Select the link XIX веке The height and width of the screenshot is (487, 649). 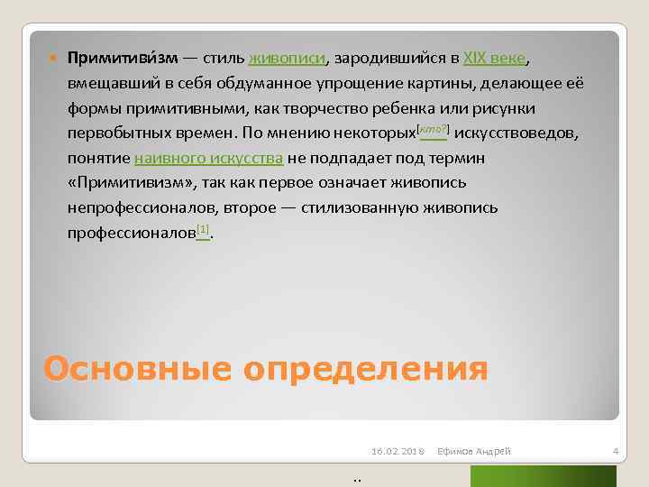tap(495, 59)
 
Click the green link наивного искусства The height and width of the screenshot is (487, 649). tap(209, 159)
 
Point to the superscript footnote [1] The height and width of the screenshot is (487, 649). tap(203, 231)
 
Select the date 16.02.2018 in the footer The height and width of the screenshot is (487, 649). tap(397, 449)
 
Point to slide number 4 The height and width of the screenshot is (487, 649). tap(614, 449)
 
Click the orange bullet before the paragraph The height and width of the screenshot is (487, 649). tap(52, 60)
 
